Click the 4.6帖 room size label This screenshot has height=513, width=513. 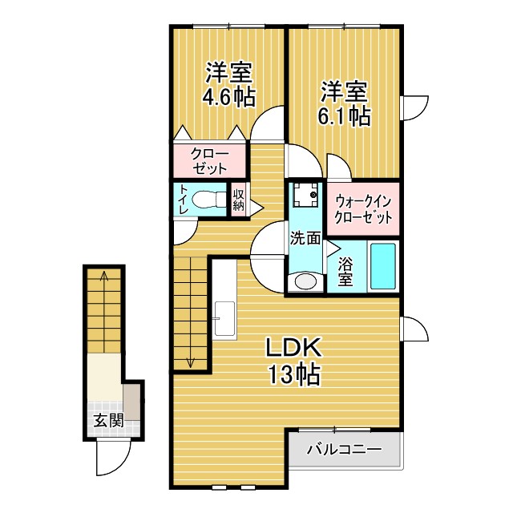coord(229,98)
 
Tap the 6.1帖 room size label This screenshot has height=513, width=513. coord(346,115)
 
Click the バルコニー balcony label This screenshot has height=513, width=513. coord(344,450)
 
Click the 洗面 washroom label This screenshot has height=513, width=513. coord(305,237)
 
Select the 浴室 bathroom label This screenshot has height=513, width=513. coord(346,271)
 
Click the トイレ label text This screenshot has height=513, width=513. coord(184,200)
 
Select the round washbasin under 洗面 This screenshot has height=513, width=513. coord(305,281)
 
